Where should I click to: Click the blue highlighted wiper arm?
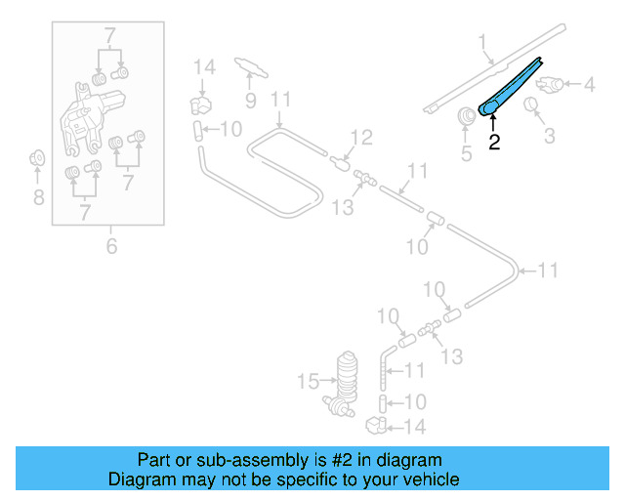(x=514, y=87)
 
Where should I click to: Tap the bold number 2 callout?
(x=494, y=143)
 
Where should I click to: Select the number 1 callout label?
(x=481, y=41)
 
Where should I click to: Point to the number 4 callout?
(x=589, y=85)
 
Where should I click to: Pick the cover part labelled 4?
(x=553, y=86)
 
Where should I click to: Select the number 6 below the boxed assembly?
(x=111, y=246)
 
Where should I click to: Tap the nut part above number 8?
(x=37, y=156)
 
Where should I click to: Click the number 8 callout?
(x=38, y=198)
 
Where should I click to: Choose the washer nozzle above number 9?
(x=250, y=66)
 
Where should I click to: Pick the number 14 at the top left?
(x=203, y=67)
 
